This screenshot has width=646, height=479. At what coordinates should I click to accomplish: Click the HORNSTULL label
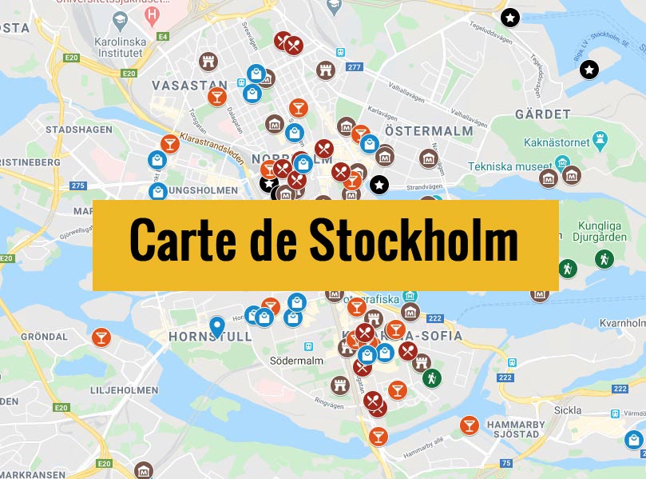[x=210, y=337]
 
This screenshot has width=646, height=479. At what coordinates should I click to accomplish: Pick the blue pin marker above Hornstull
[x=216, y=325]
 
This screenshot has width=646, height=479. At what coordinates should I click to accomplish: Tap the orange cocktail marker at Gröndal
[x=101, y=337]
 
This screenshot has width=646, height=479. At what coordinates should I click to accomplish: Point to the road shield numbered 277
[x=355, y=67]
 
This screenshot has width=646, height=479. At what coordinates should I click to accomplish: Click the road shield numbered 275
[x=77, y=186]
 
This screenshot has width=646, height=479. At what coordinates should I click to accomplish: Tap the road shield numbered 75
[x=506, y=463]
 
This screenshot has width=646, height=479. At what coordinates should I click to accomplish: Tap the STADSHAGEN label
[x=78, y=129]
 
